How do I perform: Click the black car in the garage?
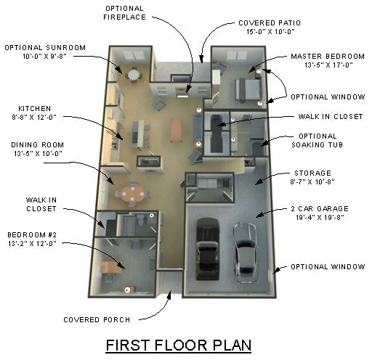click(208, 249)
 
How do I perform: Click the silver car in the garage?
click(245, 252)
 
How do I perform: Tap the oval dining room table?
click(132, 194)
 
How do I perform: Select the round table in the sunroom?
click(134, 75)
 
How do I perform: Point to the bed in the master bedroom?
click(248, 89)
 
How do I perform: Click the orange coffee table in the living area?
click(176, 130)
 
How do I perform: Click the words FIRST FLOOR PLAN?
click(179, 345)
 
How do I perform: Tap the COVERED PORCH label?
click(97, 319)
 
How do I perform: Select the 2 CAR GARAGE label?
click(320, 208)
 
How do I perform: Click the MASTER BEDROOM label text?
click(328, 57)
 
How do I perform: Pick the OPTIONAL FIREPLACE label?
click(124, 13)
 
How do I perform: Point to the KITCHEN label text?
click(35, 108)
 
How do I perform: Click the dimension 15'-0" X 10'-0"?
click(270, 32)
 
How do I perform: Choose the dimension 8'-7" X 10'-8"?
click(312, 181)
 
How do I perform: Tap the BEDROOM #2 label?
click(32, 234)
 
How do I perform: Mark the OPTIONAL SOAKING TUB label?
click(318, 140)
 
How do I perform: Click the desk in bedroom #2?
click(112, 267)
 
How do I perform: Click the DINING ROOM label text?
click(38, 144)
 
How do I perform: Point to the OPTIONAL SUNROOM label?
click(45, 47)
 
